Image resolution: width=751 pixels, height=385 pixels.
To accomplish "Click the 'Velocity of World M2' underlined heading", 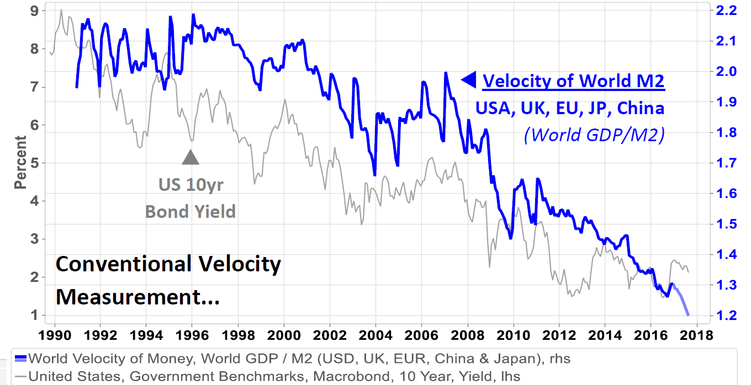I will coord(574,81).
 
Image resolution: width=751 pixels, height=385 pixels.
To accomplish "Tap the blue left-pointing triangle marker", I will coord(468,80).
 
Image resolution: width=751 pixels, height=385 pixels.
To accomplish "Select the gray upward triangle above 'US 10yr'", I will coord(191,157).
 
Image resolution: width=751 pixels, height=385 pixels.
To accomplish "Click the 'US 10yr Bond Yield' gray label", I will coord(191,197).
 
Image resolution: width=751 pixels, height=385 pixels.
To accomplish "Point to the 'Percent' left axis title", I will coord(20,163).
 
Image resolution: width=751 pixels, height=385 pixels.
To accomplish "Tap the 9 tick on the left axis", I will coord(34,10).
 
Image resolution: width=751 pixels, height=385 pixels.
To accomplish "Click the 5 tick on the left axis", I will coord(34,163).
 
